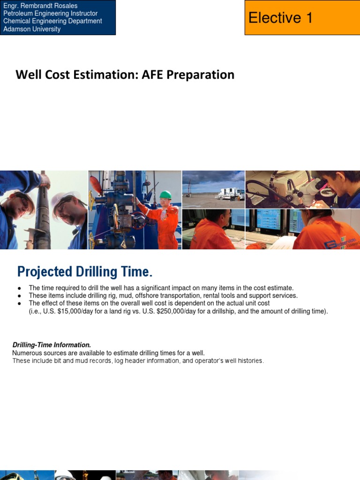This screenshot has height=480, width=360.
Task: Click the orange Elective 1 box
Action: tap(302, 18)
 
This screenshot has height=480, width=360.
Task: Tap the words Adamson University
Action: tap(32, 29)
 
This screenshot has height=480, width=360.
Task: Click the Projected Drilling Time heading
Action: tap(85, 272)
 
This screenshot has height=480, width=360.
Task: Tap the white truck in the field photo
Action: tap(230, 194)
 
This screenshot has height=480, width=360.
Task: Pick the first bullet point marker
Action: tap(19, 288)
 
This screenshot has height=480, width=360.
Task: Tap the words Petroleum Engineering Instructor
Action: tap(51, 14)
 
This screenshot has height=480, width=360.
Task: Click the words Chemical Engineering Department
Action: tap(52, 21)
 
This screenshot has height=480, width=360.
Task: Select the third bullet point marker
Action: tap(19, 304)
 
